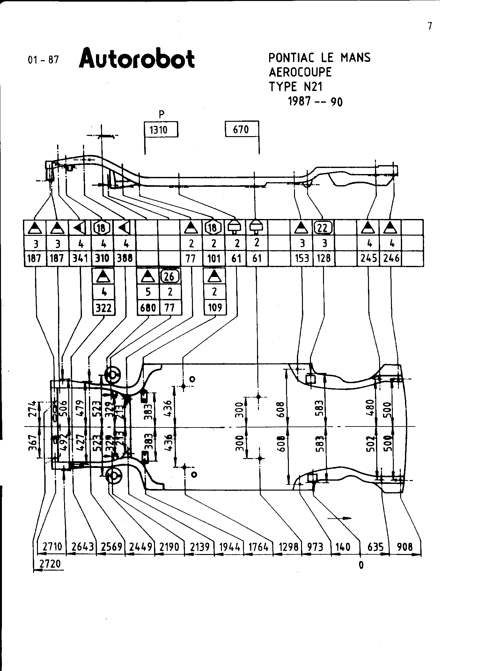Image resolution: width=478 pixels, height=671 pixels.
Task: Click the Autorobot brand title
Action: point(137,59)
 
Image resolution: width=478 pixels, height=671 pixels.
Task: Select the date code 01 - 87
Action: point(43,60)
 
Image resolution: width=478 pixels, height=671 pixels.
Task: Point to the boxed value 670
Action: point(241,129)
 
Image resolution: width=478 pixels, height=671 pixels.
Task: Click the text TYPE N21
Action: point(296,87)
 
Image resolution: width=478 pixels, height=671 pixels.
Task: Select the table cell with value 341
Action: point(80,258)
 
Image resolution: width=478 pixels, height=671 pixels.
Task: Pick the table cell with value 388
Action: point(125,258)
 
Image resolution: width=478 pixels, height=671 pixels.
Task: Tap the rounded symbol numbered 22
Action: point(324,228)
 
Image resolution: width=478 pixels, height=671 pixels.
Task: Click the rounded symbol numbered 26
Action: point(170,276)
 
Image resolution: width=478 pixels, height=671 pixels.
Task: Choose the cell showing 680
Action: point(148,308)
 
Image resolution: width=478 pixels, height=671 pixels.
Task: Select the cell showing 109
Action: point(215,308)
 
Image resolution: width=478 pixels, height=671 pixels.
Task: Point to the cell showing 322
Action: point(104,308)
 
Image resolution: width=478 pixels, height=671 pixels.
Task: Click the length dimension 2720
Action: point(50,564)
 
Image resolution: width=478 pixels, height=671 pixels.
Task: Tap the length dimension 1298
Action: point(288,547)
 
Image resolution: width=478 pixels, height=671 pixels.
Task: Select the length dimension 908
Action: point(405,547)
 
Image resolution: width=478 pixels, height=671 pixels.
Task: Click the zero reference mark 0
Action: point(361,565)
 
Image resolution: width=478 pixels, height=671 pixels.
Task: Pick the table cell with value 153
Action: point(302,258)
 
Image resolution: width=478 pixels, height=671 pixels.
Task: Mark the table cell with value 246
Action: point(391,258)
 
